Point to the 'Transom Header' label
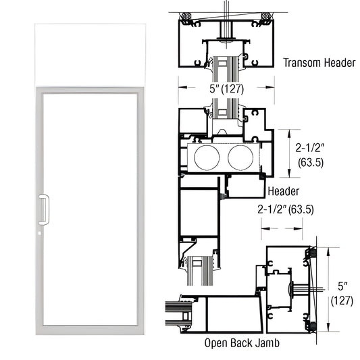(x=319, y=62)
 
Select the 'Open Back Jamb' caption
(x=242, y=342)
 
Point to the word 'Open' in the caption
(x=216, y=342)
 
